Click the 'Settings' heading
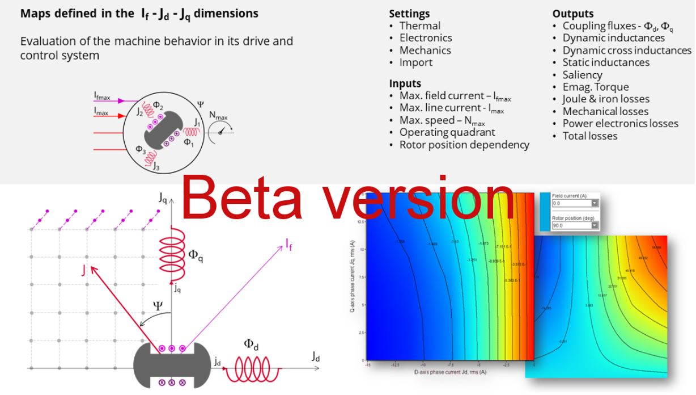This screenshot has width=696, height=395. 409,14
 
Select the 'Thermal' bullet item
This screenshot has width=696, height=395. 419,26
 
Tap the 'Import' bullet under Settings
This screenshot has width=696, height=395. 415,62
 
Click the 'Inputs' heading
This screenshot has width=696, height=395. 405,83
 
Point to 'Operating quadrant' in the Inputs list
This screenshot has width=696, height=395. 447,132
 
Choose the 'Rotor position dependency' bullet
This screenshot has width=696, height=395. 464,145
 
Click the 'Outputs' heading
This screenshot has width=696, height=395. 573,14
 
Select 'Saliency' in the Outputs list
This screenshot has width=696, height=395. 582,75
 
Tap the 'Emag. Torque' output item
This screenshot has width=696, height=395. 595,87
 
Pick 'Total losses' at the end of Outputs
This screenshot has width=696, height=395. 589,136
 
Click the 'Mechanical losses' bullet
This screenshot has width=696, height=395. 605,111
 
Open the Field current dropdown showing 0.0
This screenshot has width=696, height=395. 595,203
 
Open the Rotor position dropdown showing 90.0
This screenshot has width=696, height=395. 595,225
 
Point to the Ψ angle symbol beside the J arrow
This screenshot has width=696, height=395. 158,307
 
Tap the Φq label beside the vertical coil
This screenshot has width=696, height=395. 196,255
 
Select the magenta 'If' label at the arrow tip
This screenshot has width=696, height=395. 289,245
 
